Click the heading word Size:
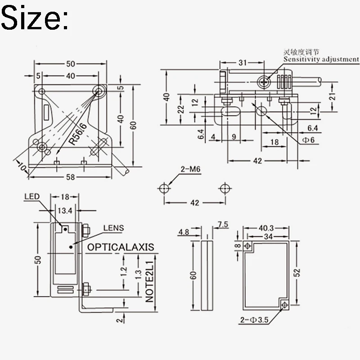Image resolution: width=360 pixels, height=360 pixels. [35, 18]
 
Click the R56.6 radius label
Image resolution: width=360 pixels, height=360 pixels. [77, 134]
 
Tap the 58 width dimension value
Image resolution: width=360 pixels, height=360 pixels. [70, 177]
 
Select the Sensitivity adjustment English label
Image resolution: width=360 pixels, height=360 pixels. [321, 59]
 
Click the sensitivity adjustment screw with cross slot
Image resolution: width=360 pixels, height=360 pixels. [264, 82]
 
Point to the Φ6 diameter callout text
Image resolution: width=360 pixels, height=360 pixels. [308, 140]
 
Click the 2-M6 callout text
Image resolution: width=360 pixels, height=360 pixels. [190, 169]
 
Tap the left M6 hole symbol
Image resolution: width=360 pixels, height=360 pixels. [164, 189]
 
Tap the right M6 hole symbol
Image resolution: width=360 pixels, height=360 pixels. [225, 189]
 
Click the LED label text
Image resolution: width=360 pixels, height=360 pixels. [32, 197]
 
